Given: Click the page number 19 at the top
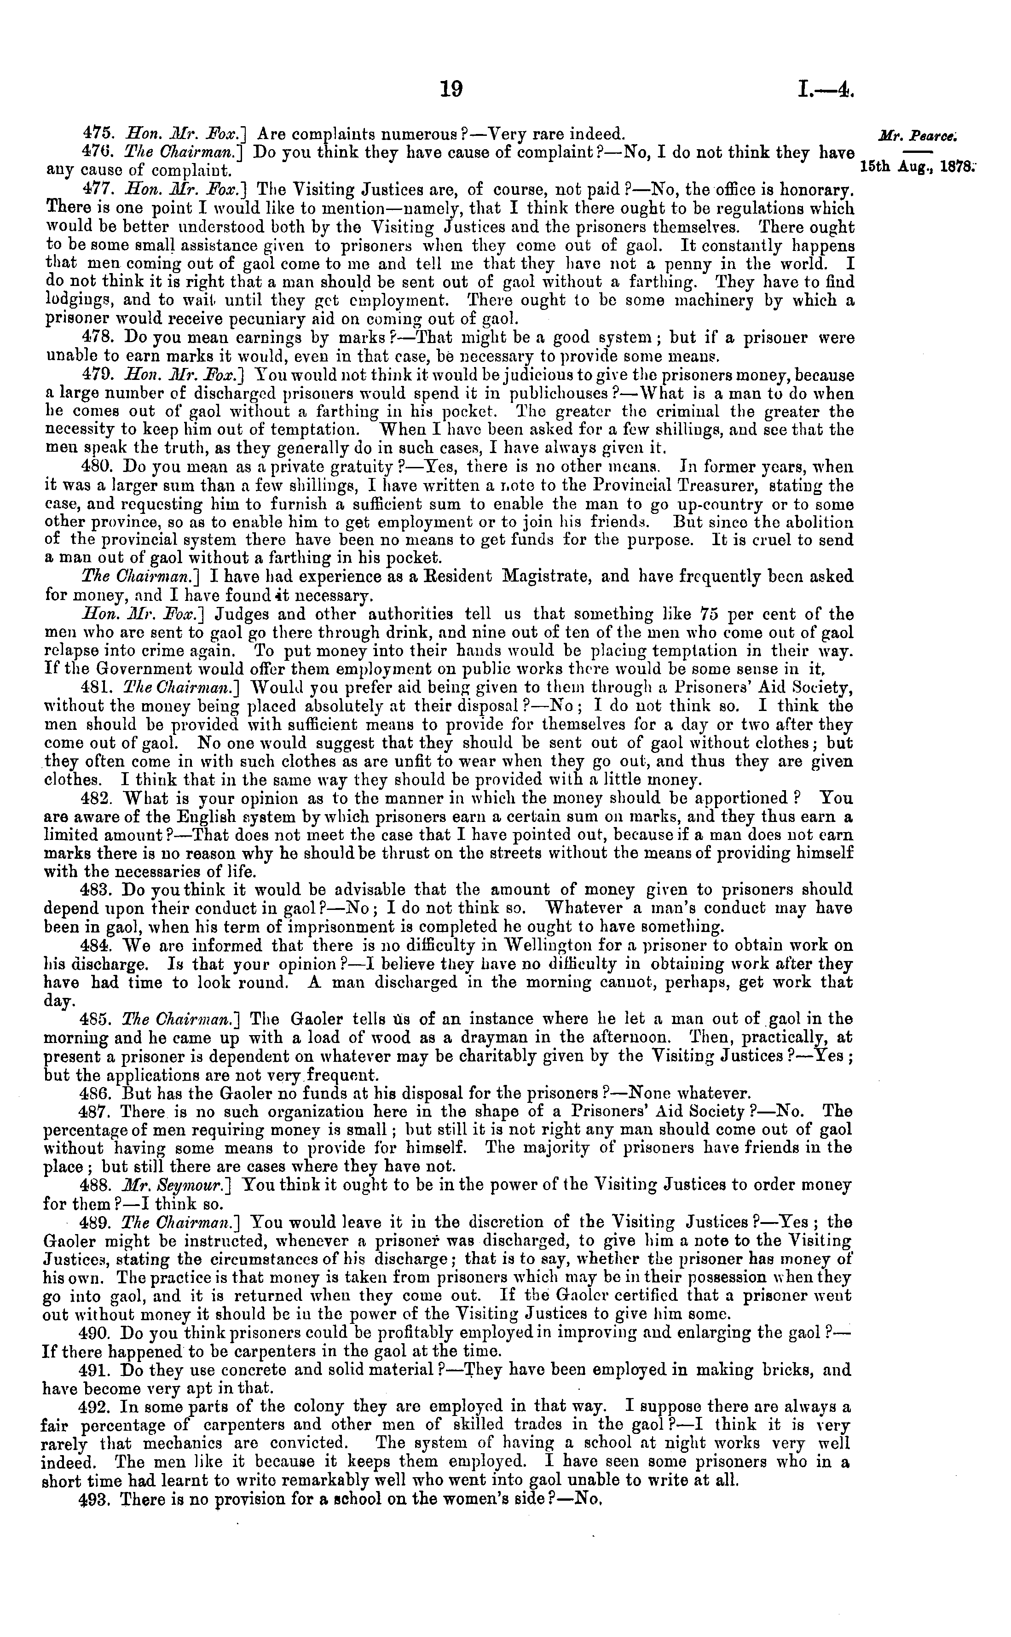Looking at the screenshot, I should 451,89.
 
